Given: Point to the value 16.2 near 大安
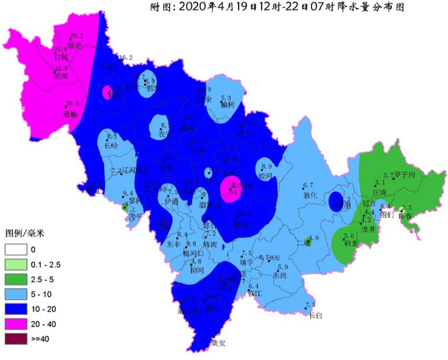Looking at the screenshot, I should [125, 57].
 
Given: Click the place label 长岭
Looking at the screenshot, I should [111, 146].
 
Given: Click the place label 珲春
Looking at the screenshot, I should [407, 217].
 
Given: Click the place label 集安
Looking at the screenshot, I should [218, 343].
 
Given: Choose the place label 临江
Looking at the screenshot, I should [255, 296].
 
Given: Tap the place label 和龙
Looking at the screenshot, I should [351, 244].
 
